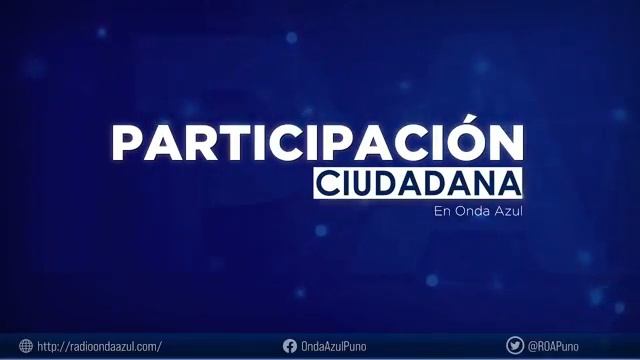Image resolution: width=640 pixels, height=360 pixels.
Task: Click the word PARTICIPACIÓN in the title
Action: [317, 143]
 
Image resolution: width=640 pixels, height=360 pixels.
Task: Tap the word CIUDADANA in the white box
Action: [418, 184]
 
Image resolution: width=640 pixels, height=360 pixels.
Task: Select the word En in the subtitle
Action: [442, 211]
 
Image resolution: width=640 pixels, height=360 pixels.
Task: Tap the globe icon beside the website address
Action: [25, 346]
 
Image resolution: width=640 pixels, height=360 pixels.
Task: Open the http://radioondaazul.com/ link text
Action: [99, 346]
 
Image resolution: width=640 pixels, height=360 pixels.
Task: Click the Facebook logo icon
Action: [290, 346]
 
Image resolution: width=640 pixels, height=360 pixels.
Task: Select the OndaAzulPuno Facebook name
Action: [334, 346]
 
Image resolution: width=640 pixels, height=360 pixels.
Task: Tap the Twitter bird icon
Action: [515, 346]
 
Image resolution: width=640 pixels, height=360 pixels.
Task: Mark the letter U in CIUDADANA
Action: [358, 184]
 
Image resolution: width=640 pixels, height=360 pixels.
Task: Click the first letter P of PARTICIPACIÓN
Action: [125, 144]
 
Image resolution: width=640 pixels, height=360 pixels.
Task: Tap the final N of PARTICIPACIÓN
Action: [506, 144]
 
